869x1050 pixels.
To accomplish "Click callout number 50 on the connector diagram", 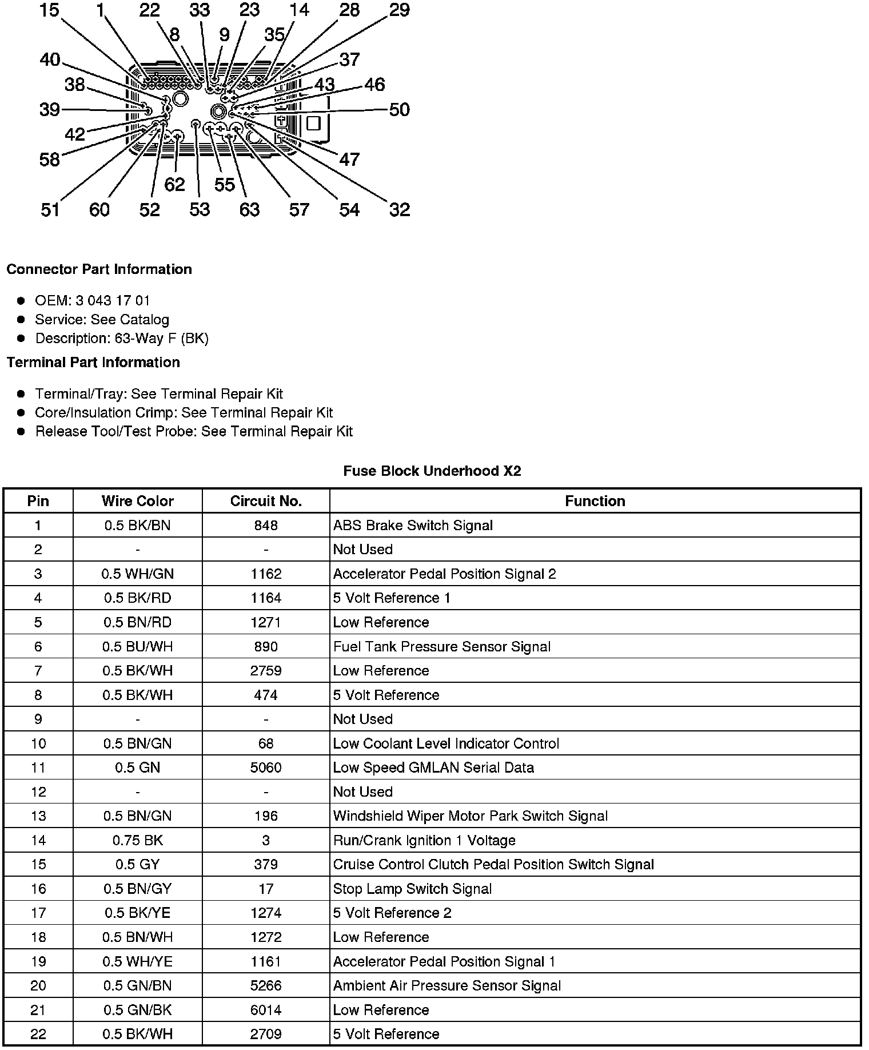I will (400, 109).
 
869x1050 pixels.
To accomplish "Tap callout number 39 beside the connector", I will (50, 109).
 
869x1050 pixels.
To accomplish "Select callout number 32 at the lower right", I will (400, 209).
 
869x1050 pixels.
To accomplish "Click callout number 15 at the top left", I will (50, 10).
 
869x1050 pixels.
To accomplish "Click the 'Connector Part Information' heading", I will (99, 269).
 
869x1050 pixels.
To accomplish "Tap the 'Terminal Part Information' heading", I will (93, 363).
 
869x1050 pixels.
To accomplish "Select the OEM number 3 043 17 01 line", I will (93, 301).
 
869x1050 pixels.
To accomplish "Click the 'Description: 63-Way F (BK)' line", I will (122, 339).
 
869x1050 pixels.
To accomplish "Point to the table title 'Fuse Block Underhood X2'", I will (432, 471).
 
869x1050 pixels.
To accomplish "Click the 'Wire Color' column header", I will (138, 502).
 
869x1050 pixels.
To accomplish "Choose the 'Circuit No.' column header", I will (266, 502).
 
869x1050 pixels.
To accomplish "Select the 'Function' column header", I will (595, 502).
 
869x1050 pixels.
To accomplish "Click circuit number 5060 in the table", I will (266, 767).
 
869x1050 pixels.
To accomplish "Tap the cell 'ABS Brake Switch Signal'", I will (413, 526).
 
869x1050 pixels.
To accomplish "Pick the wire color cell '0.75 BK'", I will (138, 840).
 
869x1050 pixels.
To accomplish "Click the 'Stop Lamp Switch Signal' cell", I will (412, 889).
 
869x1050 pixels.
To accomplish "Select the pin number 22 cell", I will (38, 1034).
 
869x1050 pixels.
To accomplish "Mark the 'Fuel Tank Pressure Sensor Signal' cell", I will (442, 647).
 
